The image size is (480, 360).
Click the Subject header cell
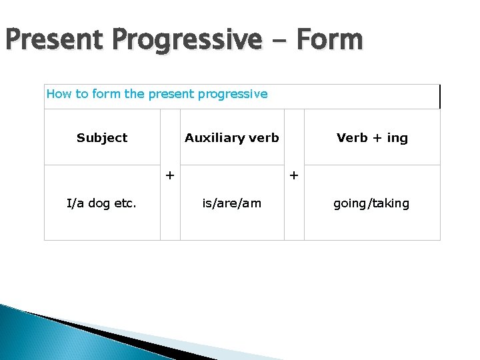click(102, 138)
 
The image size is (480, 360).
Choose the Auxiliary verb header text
click(232, 138)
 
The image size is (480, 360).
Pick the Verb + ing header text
click(372, 138)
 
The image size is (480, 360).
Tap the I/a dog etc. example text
click(101, 203)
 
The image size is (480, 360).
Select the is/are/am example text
click(232, 203)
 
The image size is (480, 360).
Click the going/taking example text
click(371, 203)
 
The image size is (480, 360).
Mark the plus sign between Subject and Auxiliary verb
click(170, 175)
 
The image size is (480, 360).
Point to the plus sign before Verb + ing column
click(294, 175)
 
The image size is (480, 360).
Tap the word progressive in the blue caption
click(234, 94)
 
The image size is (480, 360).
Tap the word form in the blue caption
click(106, 94)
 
